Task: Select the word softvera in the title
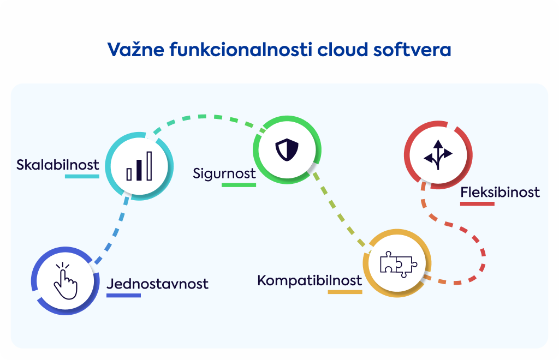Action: coord(412,49)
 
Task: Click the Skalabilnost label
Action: coord(58,165)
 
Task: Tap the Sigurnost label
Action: coord(224,174)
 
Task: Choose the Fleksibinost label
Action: coord(500,193)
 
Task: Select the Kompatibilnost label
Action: coord(310,280)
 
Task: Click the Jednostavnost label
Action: coord(157,284)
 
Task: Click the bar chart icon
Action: coord(139,166)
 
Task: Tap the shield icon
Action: coord(287,150)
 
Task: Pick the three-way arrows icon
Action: coord(438,154)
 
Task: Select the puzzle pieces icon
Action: coord(398,264)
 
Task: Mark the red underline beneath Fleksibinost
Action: coord(477,203)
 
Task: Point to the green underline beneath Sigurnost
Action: coord(239,185)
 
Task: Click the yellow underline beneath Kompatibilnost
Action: coord(345,292)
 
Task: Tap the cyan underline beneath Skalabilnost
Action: coord(82,176)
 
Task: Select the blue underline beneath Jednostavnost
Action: coord(124,295)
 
